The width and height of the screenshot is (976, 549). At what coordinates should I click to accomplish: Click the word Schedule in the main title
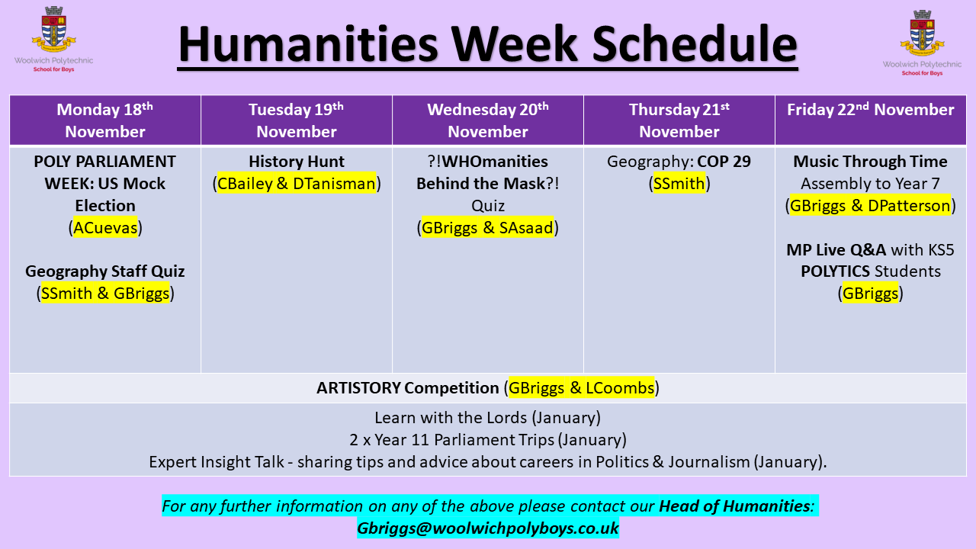coord(695,44)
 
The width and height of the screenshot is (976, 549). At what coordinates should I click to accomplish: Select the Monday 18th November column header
coord(105,120)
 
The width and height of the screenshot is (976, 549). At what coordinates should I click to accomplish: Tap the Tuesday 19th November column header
coord(297,120)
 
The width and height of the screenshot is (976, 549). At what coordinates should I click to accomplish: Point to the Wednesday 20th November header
coord(488,120)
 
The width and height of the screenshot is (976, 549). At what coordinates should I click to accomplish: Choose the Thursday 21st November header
coord(679,120)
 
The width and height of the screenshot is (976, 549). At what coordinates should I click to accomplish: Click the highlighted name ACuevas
coord(105,227)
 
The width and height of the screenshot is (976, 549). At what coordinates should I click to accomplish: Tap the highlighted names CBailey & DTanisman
coord(297,184)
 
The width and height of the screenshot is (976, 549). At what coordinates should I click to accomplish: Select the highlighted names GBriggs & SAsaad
coord(487,227)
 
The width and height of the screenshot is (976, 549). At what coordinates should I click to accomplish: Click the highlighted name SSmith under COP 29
coord(679,184)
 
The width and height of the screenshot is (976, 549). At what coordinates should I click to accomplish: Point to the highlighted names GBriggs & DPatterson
coord(870,206)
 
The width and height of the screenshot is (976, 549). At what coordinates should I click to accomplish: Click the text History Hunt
coord(297,162)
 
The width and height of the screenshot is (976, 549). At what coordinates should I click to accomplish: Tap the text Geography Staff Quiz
coord(105,271)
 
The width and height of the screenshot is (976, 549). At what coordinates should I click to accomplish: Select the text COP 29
coord(724,162)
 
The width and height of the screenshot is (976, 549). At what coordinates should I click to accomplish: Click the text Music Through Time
coord(870,162)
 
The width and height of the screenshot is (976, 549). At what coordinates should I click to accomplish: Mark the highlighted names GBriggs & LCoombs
coord(581,387)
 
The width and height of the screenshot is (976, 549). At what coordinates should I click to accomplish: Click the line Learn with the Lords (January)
coord(487,417)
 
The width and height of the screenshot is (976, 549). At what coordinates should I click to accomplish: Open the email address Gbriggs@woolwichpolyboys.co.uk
coord(487,528)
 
